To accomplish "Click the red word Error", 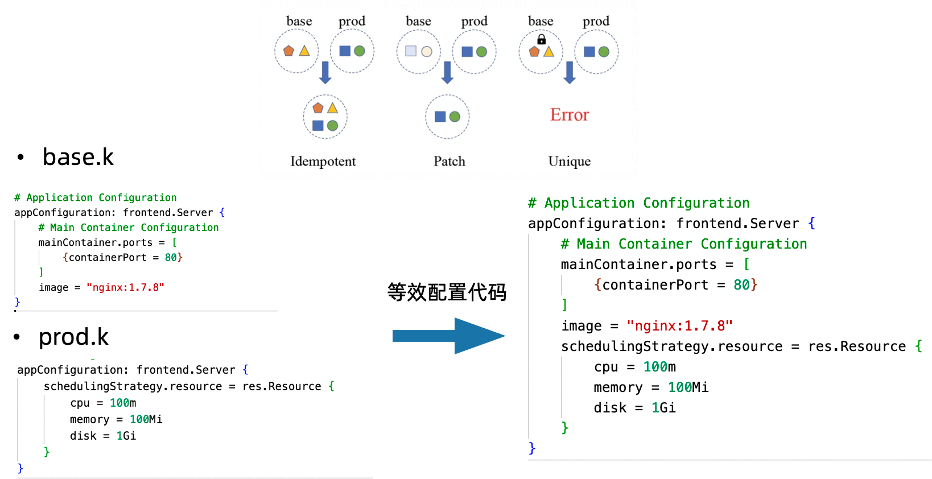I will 569,115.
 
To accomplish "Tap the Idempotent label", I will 323,162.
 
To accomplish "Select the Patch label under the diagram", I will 449,162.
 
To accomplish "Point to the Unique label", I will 569,162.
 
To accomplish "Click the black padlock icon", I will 541,39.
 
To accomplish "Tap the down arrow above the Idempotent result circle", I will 325,72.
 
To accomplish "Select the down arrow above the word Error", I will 569,72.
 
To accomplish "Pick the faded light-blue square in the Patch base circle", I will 410,51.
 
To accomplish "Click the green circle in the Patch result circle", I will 455,117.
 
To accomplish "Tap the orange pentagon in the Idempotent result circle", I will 318,108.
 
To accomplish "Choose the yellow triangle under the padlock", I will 549,52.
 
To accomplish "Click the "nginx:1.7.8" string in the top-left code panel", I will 125,287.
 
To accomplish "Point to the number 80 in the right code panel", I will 741,284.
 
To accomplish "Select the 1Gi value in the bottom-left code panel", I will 126,436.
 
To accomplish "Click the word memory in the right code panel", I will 618,387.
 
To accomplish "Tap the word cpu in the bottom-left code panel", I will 80,403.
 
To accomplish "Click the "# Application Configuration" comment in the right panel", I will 638,203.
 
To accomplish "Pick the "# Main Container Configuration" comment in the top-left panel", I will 129,228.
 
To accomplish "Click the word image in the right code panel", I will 582,326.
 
